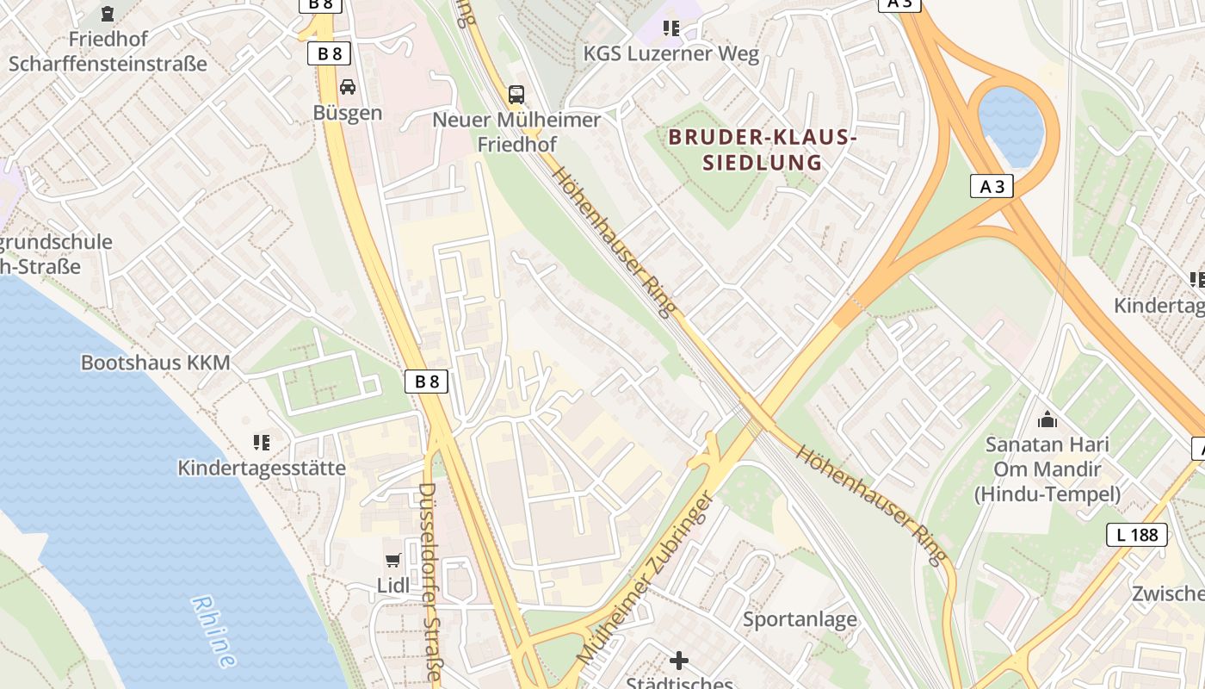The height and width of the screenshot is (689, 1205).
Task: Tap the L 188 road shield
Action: coord(1137,535)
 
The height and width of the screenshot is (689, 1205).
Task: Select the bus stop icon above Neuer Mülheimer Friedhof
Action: coord(516,95)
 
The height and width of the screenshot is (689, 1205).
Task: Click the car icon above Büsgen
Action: coord(348,87)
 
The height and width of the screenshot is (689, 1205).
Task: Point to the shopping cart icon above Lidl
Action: coord(393,561)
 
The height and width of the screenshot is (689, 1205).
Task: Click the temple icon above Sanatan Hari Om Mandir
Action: coord(1047,419)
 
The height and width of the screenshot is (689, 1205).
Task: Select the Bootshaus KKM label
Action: coord(156,363)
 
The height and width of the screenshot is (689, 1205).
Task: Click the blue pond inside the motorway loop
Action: coord(1011,126)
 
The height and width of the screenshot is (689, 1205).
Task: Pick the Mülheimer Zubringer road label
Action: coord(646,577)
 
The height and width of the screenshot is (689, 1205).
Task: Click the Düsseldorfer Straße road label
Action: coord(429,581)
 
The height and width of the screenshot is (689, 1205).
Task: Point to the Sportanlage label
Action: coord(800,618)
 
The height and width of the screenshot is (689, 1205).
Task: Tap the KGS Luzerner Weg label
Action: coord(671,54)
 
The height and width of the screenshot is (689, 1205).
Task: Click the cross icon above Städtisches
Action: coord(679,661)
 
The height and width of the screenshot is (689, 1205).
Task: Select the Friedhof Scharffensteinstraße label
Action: coord(108,51)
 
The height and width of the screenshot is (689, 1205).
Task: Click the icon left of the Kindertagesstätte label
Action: coord(262,443)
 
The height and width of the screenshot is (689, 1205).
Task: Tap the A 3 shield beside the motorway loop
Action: coord(992,186)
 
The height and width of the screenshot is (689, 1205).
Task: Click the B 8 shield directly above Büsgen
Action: coord(329,54)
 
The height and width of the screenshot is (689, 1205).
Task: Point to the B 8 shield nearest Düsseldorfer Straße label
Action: coord(427,382)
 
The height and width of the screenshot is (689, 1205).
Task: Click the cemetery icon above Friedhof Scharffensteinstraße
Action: coord(108,14)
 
